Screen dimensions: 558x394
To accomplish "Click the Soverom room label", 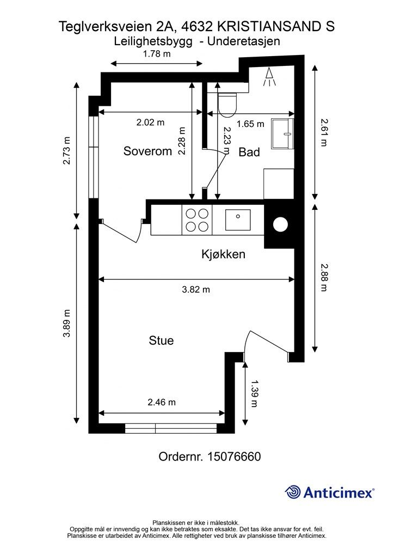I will [x=147, y=151].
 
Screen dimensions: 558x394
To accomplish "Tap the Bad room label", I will [x=249, y=152].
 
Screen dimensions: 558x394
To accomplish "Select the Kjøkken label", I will [x=223, y=254].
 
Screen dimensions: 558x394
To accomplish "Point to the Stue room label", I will [x=161, y=341].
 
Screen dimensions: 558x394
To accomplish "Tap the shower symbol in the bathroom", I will [x=270, y=77].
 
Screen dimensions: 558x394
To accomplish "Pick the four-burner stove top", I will [x=197, y=220].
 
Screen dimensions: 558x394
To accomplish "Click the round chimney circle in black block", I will [x=281, y=224].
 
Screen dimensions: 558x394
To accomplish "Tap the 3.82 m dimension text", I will [x=195, y=290].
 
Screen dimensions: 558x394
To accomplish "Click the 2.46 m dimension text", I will [x=162, y=403].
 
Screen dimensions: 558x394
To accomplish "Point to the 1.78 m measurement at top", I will [x=156, y=53].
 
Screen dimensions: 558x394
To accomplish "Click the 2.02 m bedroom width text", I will [x=150, y=123].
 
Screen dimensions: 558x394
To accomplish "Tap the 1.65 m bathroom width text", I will [x=250, y=124].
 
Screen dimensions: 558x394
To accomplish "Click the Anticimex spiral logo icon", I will [x=293, y=492].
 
